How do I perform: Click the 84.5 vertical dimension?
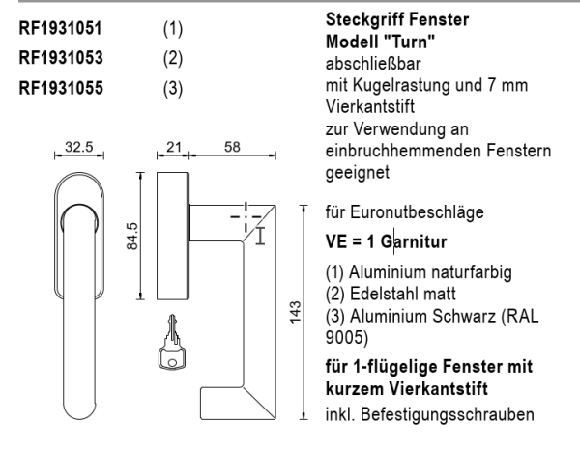click(x=131, y=238)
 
